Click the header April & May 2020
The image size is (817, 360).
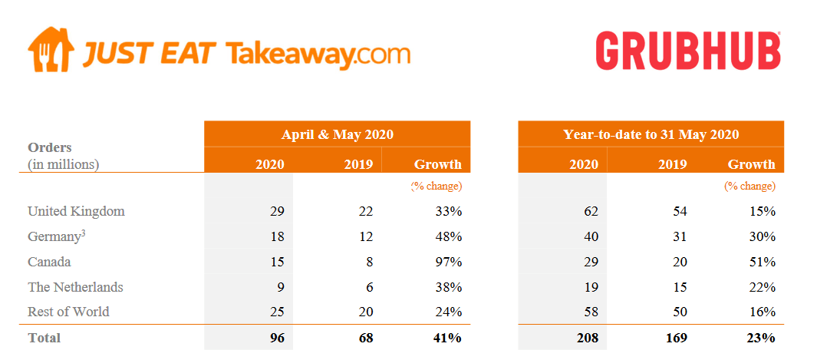tap(337, 134)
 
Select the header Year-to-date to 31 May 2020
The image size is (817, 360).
tap(651, 134)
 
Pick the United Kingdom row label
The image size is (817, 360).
tap(76, 211)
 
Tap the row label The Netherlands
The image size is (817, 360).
tap(75, 287)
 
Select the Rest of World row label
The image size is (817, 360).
tap(68, 312)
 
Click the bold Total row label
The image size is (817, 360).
tap(44, 337)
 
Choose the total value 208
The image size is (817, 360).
tap(587, 337)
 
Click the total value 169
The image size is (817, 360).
tap(676, 337)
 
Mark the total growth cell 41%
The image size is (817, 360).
tap(446, 337)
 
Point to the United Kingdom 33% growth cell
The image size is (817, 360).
tap(446, 211)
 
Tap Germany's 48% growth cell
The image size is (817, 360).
tap(446, 236)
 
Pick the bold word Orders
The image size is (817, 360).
tap(49, 147)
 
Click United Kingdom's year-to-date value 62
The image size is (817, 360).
tap(591, 211)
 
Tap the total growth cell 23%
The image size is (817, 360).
tap(761, 337)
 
